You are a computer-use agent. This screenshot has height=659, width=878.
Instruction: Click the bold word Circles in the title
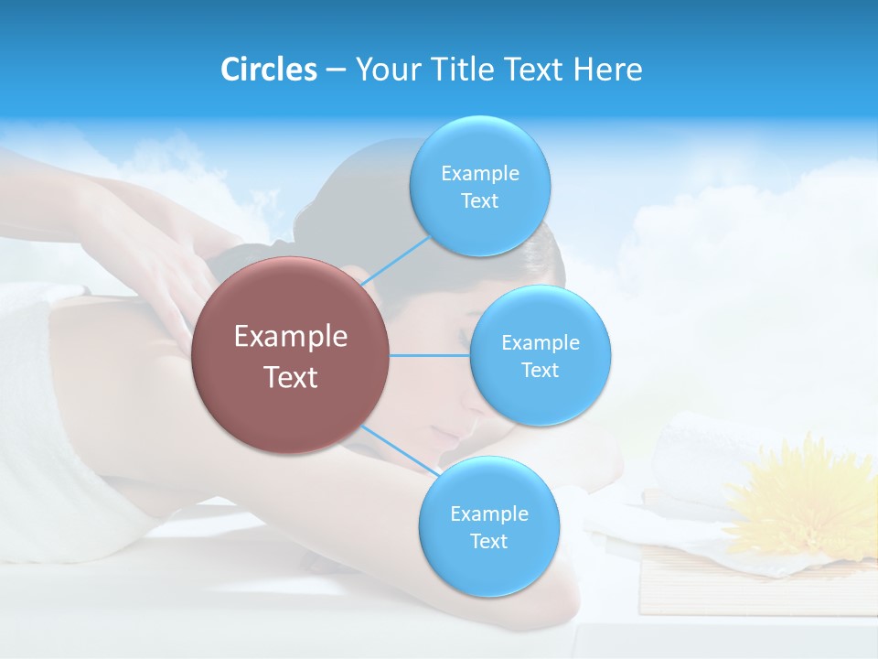(x=269, y=69)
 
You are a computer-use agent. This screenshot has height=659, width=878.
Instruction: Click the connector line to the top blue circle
(x=395, y=261)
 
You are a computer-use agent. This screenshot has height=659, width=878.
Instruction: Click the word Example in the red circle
(x=290, y=337)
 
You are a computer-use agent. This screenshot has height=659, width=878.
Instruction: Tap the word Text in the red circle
(x=290, y=377)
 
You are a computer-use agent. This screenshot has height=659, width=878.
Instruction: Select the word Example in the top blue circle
(x=479, y=174)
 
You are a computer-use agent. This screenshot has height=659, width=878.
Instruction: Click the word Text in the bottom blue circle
(x=488, y=542)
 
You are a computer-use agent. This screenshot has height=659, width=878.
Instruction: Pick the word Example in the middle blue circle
(x=540, y=343)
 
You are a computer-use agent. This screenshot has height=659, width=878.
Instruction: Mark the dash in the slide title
(x=336, y=70)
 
